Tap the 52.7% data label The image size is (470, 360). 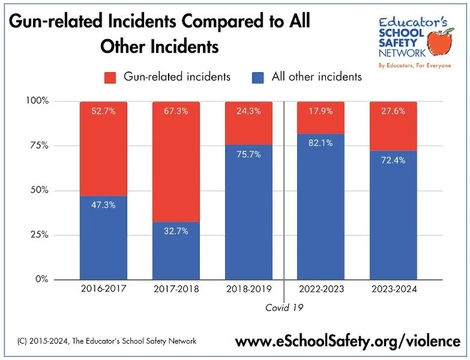(x=103, y=112)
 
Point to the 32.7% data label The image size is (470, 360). (x=176, y=231)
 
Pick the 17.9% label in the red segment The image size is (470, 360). (x=321, y=112)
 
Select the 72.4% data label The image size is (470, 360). (x=394, y=161)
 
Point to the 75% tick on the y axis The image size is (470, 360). (x=37, y=146)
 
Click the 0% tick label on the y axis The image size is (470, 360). (x=41, y=279)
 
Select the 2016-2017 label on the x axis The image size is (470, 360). (x=103, y=290)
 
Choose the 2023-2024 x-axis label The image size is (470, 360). (x=394, y=290)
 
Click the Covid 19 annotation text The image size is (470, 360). (x=284, y=308)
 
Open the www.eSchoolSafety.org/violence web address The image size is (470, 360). (x=347, y=342)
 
